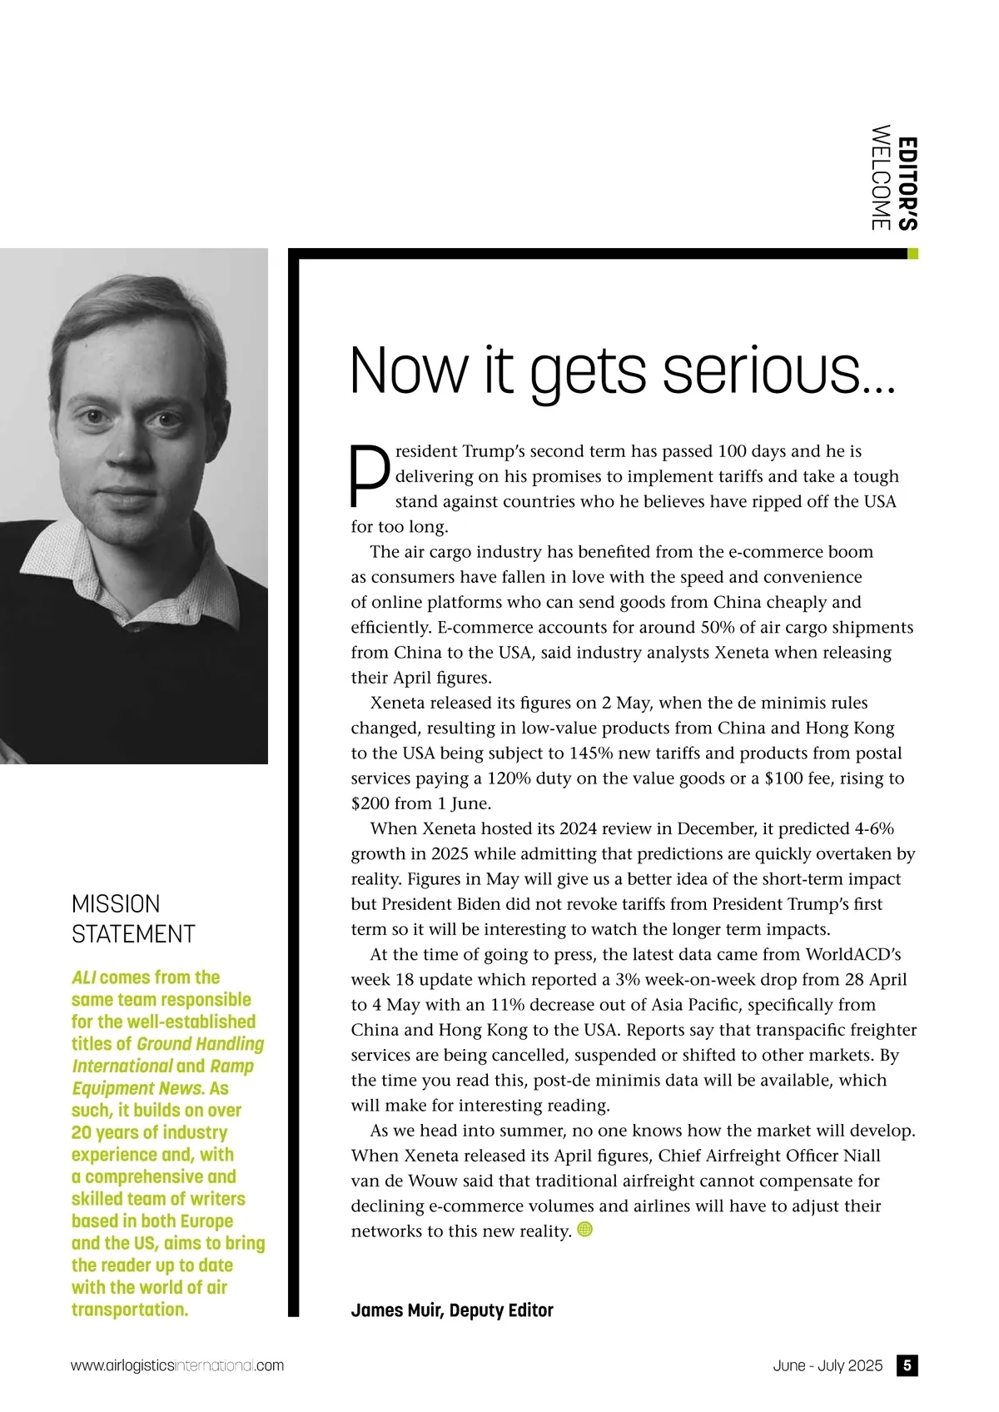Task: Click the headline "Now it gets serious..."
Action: (623, 371)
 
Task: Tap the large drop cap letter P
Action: (369, 476)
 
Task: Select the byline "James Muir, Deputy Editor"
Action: (452, 1310)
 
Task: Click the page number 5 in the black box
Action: (907, 1365)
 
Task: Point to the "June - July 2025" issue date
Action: (827, 1365)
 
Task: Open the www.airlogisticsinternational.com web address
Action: (177, 1365)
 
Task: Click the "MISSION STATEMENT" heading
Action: (133, 919)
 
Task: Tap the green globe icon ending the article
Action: (584, 1229)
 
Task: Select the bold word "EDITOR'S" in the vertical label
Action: (909, 183)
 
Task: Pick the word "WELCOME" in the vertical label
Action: (880, 177)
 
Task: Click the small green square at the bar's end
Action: (912, 254)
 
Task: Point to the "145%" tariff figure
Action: (590, 753)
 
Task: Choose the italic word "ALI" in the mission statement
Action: (83, 977)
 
